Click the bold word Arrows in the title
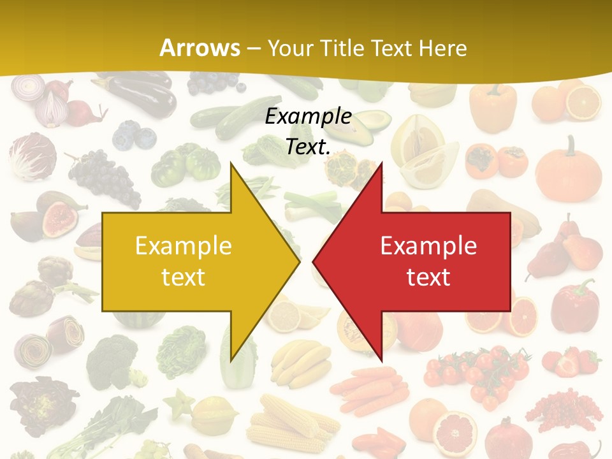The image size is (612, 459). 200,48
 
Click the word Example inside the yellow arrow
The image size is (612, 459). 183,246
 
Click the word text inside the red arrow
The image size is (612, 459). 428,277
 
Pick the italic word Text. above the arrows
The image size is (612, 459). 309,147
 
